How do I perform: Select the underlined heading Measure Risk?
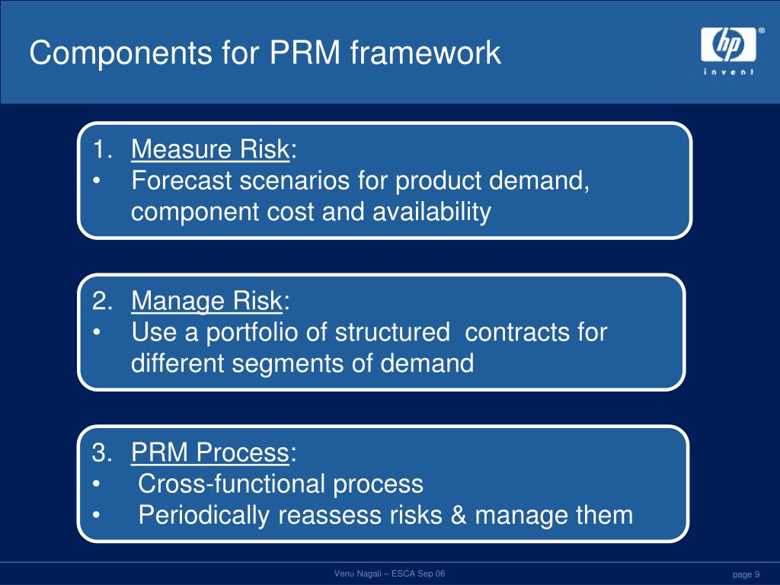[x=209, y=150]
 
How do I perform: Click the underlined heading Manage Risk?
[x=206, y=302]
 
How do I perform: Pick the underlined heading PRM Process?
[x=210, y=453]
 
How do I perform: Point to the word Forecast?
[x=183, y=181]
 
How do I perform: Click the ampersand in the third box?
[x=458, y=515]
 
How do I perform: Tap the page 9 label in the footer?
[x=746, y=574]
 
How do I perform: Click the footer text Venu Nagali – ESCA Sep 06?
[x=389, y=573]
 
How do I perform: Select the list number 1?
[x=101, y=150]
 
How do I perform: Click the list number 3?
[x=101, y=453]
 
